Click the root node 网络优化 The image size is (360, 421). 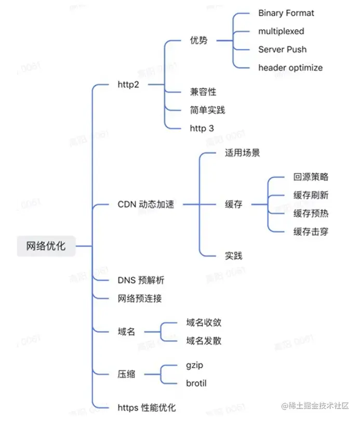[x=46, y=246]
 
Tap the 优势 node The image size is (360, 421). [x=199, y=40]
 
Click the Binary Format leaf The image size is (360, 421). [x=286, y=13]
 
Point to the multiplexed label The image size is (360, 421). [x=281, y=31]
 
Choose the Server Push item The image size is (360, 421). [x=282, y=49]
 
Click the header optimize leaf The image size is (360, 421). [x=290, y=67]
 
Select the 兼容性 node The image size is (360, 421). [x=203, y=92]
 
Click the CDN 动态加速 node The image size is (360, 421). [x=146, y=204]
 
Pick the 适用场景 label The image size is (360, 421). [x=242, y=153]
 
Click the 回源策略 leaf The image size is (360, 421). [x=311, y=177]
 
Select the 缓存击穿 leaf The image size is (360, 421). [x=311, y=232]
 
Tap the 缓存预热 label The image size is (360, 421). [x=311, y=213]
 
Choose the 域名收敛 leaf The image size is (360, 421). [x=204, y=322]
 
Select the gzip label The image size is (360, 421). [x=195, y=365]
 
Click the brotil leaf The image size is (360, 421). [x=196, y=384]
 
